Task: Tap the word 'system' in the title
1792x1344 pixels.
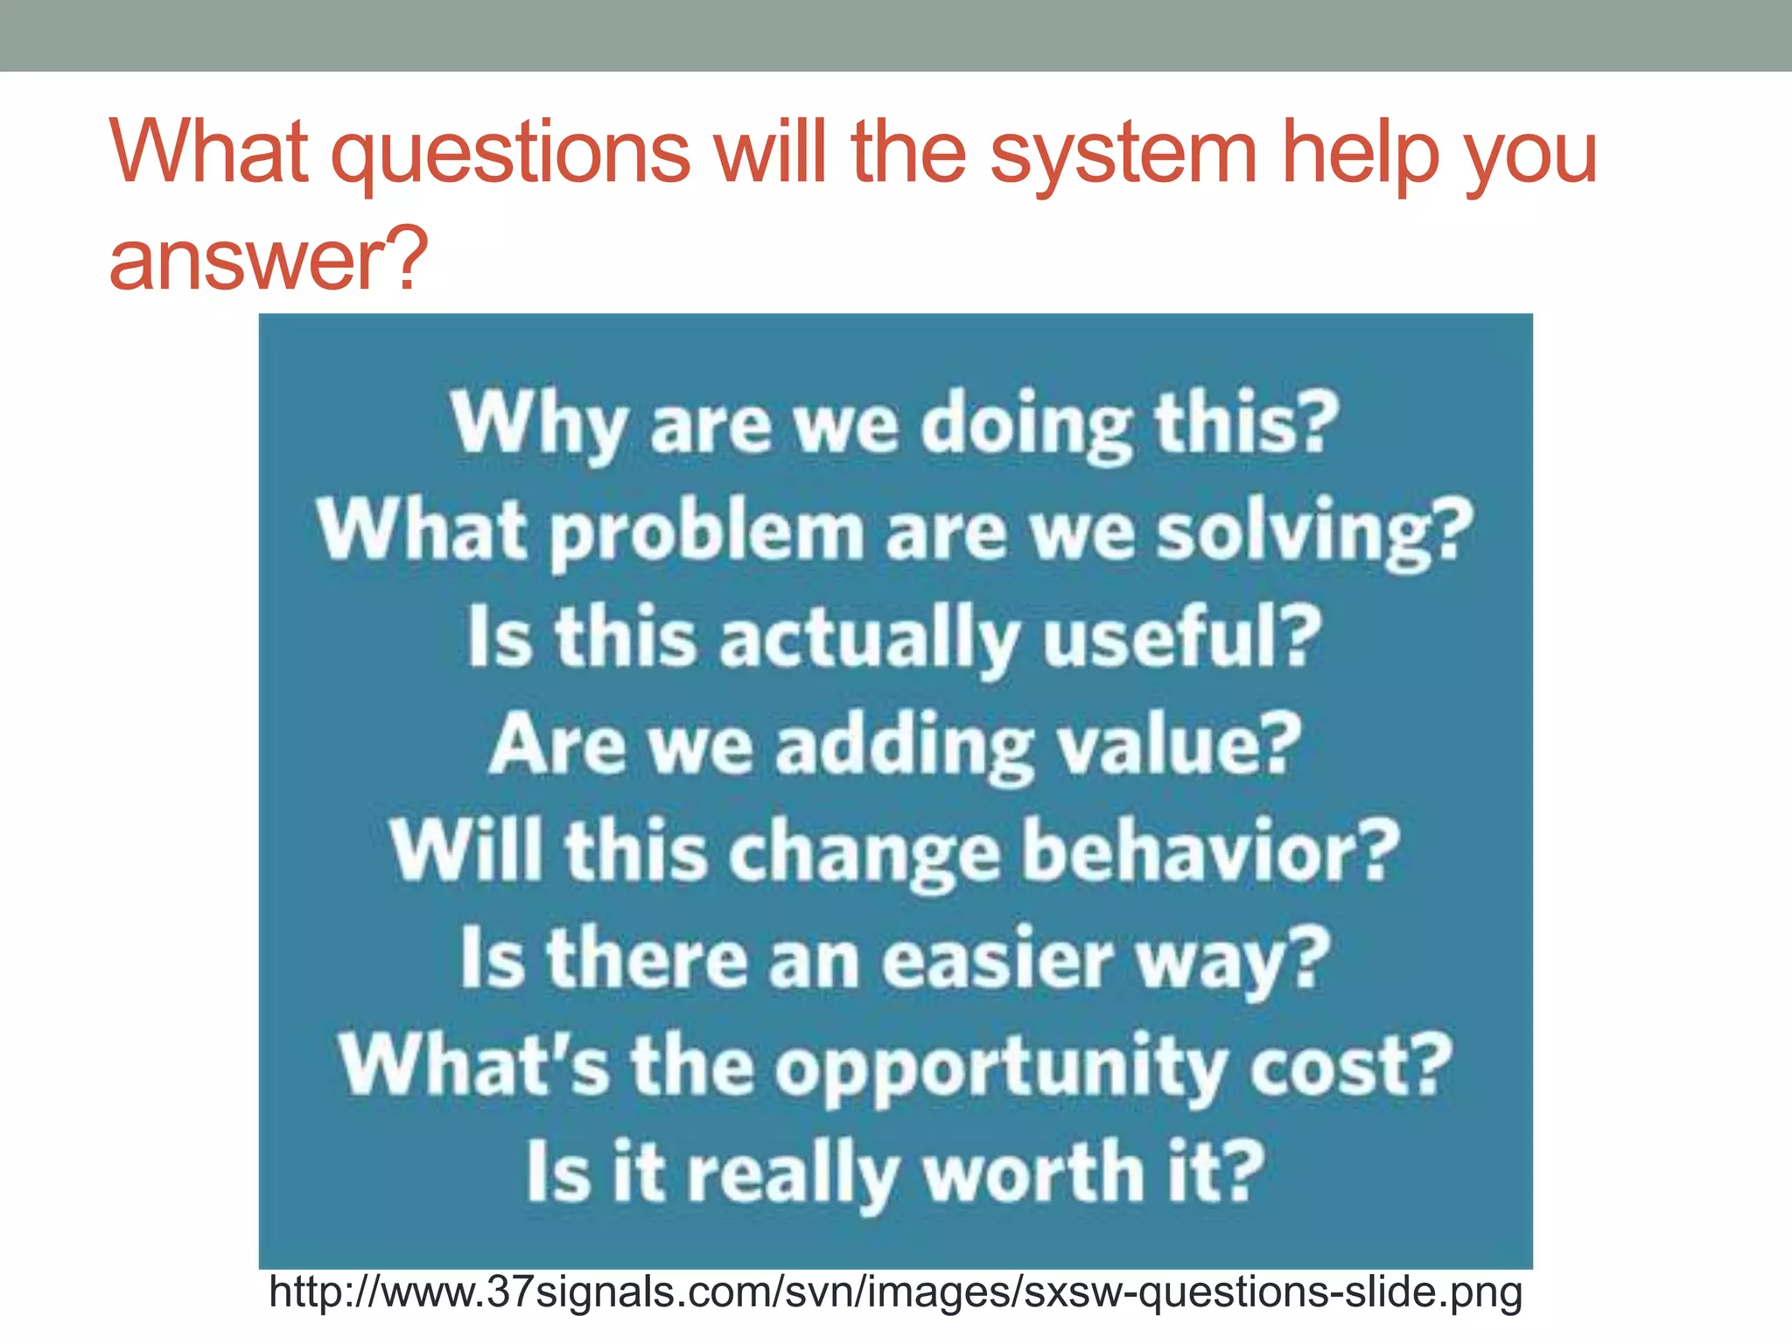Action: coord(1123,156)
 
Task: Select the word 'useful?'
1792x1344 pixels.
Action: coord(1182,636)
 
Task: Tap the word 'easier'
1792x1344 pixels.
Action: coord(997,959)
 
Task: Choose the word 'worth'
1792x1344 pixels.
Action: coord(1033,1172)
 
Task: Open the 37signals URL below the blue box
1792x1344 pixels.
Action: coord(895,1293)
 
